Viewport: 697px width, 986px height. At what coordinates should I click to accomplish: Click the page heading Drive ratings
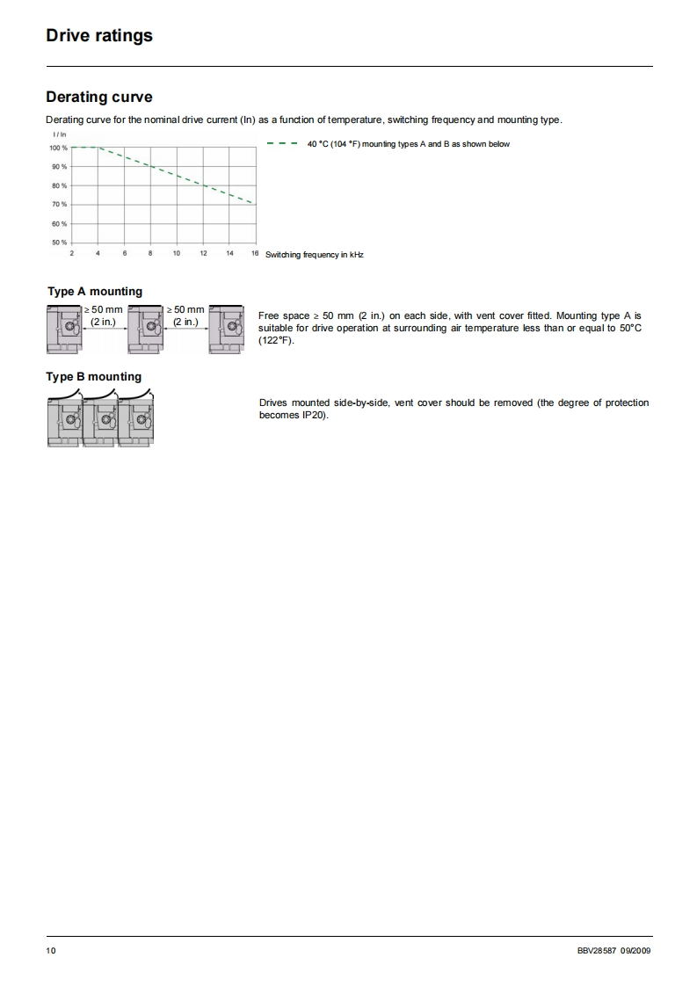[99, 36]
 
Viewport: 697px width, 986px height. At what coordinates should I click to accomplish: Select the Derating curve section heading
[98, 98]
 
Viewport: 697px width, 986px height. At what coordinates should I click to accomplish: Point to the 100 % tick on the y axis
[59, 148]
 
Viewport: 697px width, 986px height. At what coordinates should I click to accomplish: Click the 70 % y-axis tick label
[59, 204]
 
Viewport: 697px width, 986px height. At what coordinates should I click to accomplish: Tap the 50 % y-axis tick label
[59, 242]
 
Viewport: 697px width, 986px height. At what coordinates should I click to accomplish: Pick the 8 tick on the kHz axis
[150, 253]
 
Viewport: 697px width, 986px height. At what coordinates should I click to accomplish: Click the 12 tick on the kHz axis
[203, 253]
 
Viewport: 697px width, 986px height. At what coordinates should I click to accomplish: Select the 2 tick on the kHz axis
[72, 253]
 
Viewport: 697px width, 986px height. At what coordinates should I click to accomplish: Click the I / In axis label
[59, 134]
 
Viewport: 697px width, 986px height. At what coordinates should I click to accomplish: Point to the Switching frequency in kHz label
[314, 254]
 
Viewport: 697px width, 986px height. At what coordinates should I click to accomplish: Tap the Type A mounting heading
[94, 292]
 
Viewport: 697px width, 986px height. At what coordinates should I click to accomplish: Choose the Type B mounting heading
[94, 377]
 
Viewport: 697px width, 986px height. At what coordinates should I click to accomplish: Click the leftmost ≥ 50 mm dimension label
[103, 309]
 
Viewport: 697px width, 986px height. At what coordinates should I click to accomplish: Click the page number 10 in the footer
[51, 951]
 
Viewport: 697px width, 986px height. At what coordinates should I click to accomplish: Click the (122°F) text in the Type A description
[276, 339]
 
